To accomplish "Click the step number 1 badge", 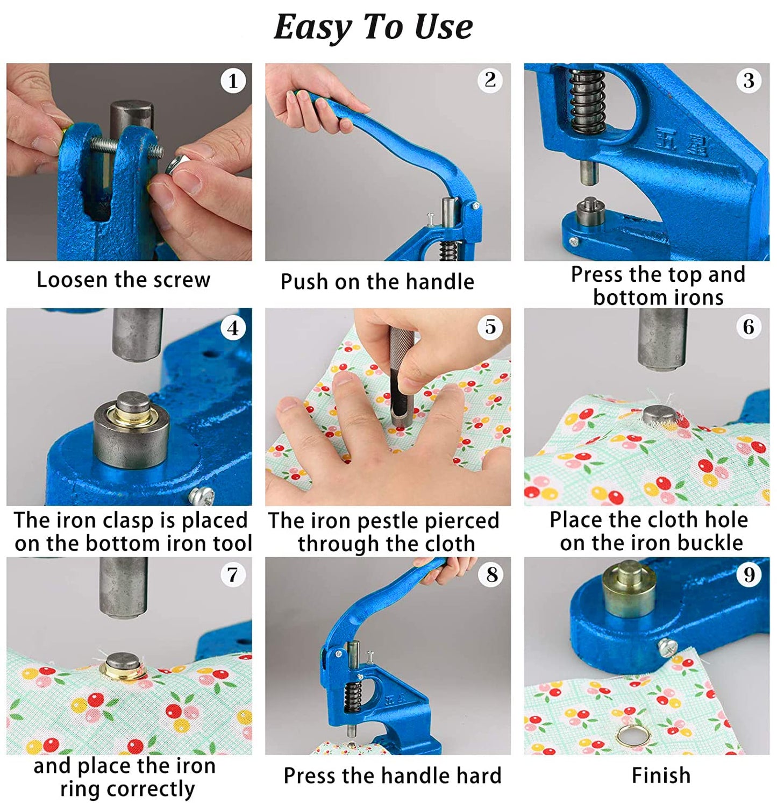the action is coord(233,81).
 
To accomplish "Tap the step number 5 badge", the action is coord(490,327).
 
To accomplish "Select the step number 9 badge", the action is coord(749,575).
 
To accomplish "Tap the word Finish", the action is coord(661,776).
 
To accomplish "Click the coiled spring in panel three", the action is coord(587,102).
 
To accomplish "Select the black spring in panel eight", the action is coord(352,698).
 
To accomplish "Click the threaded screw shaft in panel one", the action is coord(126,145).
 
